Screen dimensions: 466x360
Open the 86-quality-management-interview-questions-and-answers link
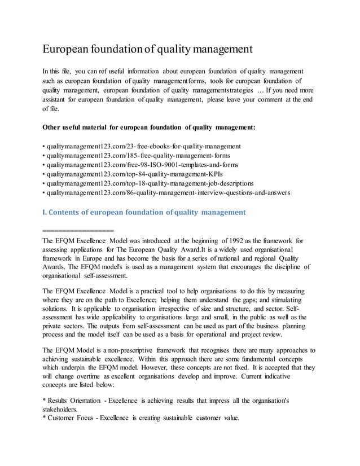pyautogui.click(x=168, y=192)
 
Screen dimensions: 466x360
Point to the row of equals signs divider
pyautogui.click(x=78, y=230)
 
